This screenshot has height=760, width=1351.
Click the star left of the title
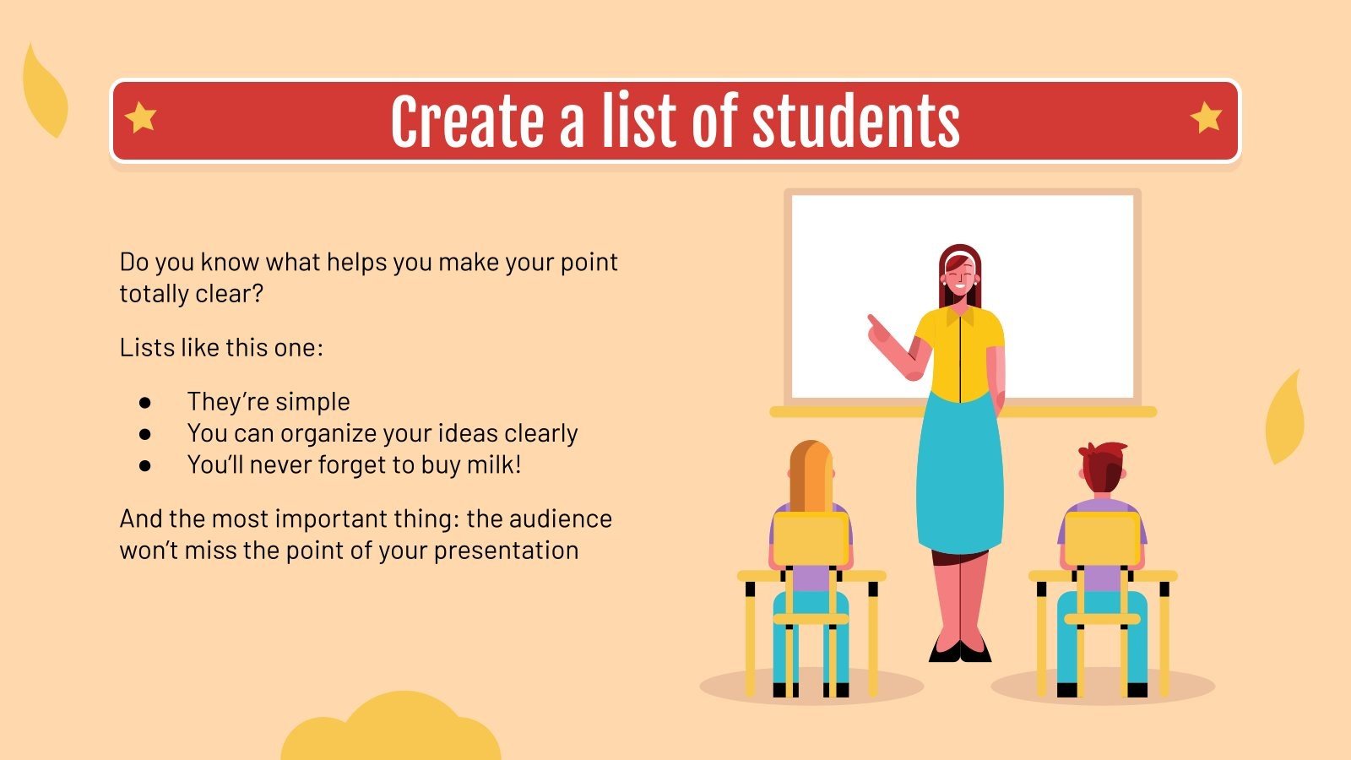140,117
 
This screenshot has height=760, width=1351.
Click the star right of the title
1207,117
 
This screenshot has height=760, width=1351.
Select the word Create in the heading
468,122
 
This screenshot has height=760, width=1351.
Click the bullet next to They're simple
144,402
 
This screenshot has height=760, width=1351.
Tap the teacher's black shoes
959,650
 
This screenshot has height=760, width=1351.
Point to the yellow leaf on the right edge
1284,419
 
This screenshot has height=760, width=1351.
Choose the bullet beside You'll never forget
144,465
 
